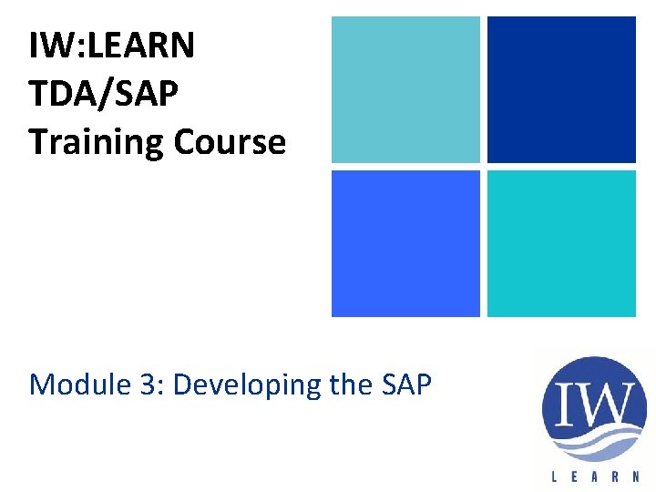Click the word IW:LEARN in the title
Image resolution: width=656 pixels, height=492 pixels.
click(x=111, y=46)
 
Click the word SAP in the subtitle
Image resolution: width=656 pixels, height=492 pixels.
click(x=402, y=384)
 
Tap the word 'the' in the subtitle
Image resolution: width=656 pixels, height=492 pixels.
click(x=347, y=384)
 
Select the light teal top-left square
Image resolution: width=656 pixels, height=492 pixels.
click(x=405, y=89)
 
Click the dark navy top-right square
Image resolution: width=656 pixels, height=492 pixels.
click(x=561, y=89)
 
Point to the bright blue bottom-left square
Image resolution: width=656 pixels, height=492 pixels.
click(x=405, y=243)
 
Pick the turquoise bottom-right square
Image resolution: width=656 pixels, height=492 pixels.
click(x=561, y=243)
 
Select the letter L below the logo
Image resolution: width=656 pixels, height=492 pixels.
click(x=555, y=475)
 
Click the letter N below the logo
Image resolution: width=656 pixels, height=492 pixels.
click(x=637, y=475)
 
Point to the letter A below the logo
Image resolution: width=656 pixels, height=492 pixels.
click(x=596, y=475)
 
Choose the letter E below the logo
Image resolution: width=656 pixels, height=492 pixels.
click(x=575, y=475)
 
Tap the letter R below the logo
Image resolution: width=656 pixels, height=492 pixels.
click(x=617, y=475)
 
